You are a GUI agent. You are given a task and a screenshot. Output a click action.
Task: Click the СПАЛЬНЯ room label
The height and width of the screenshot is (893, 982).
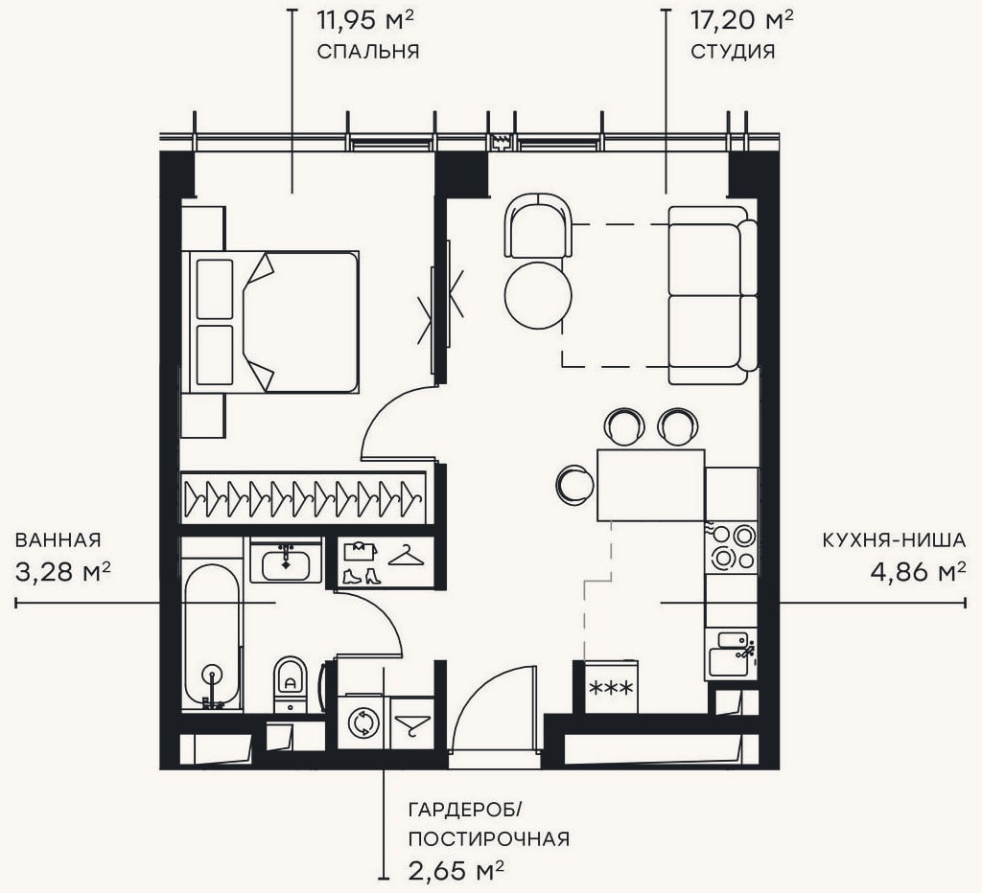[367, 52]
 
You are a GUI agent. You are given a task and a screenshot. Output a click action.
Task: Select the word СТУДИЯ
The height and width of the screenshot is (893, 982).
[733, 52]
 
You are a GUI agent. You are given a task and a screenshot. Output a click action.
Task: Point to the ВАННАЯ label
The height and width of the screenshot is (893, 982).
[58, 540]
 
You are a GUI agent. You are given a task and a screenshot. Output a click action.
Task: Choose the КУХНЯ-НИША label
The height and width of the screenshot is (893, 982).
[895, 540]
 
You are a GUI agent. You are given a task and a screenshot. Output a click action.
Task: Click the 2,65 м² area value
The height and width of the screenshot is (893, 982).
[456, 869]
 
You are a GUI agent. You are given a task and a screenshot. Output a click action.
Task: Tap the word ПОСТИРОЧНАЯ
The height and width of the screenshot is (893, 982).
[489, 838]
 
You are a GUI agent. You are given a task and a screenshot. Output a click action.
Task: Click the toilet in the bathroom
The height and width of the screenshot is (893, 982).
[291, 683]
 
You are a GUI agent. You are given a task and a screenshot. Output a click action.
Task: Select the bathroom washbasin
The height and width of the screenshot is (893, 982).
[286, 561]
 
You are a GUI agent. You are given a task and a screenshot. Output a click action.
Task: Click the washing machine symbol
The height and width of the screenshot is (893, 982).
[363, 722]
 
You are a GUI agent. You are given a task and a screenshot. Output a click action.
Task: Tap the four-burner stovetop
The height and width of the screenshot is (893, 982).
[732, 547]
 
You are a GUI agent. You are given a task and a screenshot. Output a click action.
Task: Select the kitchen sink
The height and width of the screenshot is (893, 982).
[730, 655]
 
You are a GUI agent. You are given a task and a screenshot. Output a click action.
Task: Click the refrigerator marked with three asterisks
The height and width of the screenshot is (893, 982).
[611, 687]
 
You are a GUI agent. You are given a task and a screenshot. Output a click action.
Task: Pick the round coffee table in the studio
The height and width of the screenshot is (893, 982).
[538, 295]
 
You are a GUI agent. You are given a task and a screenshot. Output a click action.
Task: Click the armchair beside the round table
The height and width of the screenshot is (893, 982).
[539, 225]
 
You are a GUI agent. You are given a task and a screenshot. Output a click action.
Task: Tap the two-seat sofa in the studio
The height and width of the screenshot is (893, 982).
[713, 295]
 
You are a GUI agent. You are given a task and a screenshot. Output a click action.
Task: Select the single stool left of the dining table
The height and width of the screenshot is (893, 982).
[575, 485]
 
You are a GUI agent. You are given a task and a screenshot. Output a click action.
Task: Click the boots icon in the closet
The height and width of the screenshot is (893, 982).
[362, 576]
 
